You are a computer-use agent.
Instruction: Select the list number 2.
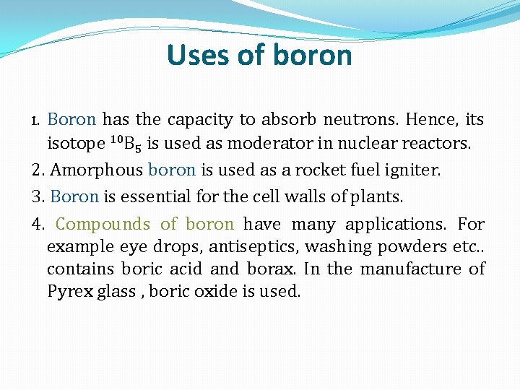coord(38,170)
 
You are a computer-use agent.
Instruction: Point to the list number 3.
coord(38,196)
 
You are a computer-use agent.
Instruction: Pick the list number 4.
coord(38,225)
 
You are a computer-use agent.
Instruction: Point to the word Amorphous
coord(97,170)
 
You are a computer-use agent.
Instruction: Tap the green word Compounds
coord(103,225)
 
